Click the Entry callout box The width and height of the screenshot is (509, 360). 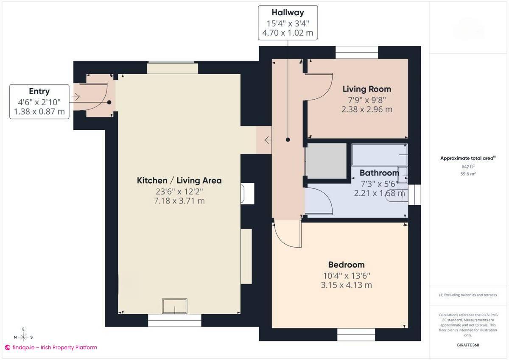coord(39,101)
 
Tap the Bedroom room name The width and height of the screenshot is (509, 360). coord(346,265)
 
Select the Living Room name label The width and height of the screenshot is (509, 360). coord(366,89)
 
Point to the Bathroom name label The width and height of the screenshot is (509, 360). coord(379,173)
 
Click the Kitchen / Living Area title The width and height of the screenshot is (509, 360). coord(179,180)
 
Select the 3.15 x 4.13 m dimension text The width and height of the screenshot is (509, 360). coord(346,285)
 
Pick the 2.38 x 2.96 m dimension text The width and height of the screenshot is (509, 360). coord(366,109)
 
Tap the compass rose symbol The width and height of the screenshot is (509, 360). coord(23,337)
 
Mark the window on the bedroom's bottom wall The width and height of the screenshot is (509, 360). coord(356,335)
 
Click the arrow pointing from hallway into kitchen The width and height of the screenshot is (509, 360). coord(268,140)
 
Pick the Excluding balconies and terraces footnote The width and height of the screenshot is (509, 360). coord(467,295)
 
